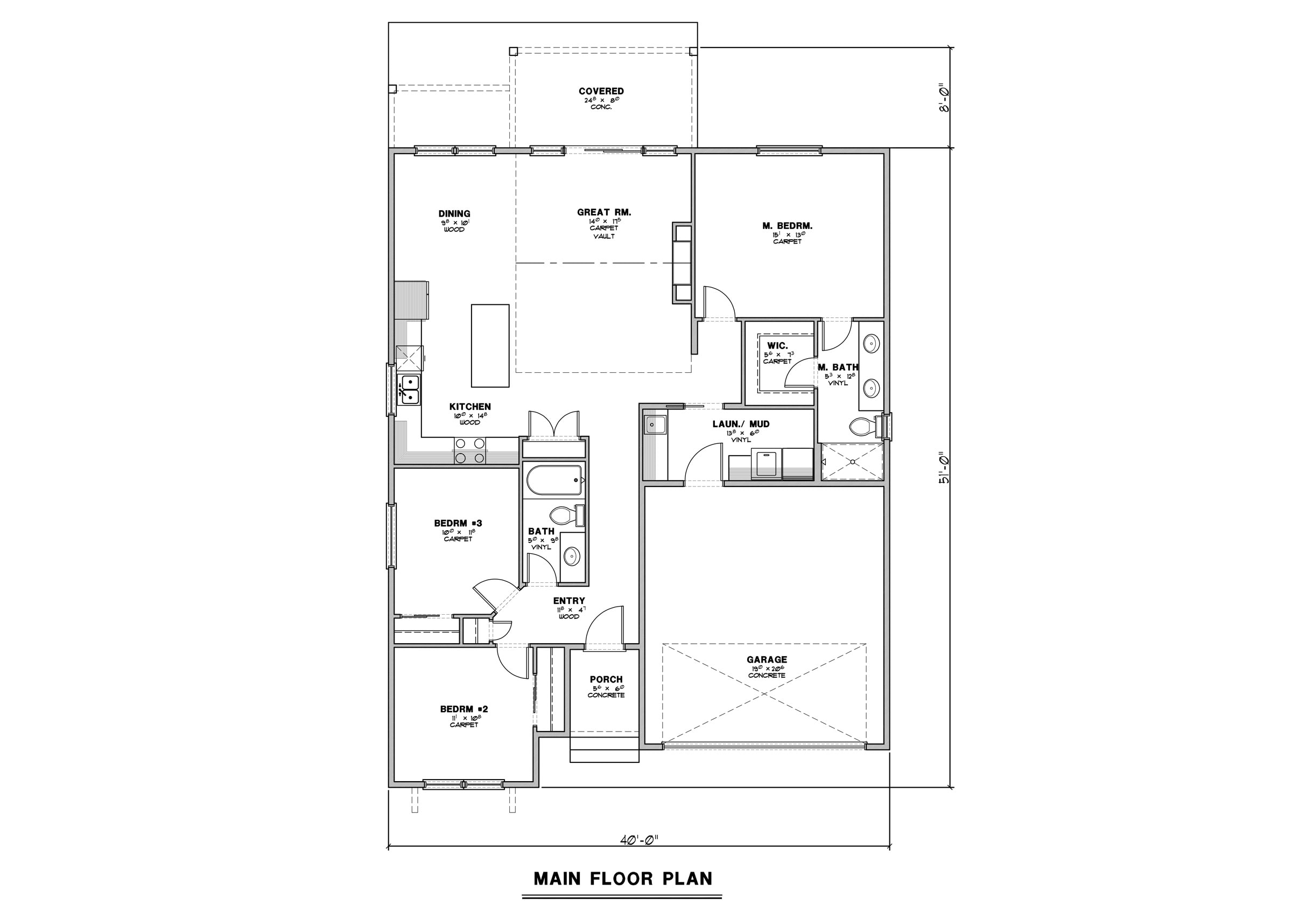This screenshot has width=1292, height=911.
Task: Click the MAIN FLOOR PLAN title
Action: click(x=623, y=878)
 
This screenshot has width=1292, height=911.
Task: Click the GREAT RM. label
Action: click(x=604, y=212)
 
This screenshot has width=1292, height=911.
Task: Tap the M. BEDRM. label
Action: click(x=787, y=226)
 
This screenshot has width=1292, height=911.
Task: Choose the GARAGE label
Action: click(x=767, y=659)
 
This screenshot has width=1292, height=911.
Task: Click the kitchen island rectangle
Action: click(x=490, y=346)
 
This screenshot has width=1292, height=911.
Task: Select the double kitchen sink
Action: click(x=409, y=390)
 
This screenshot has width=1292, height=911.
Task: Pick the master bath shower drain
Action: click(x=853, y=462)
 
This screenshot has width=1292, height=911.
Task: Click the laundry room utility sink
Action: click(x=655, y=424)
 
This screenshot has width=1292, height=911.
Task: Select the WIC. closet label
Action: click(x=777, y=346)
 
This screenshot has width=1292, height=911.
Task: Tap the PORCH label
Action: click(x=606, y=679)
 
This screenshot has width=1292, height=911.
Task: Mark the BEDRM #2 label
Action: click(x=464, y=709)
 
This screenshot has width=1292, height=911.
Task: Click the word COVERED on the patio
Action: click(x=601, y=91)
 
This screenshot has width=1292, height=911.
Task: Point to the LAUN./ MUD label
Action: click(x=741, y=424)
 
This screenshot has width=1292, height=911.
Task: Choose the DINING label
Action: click(x=454, y=213)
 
